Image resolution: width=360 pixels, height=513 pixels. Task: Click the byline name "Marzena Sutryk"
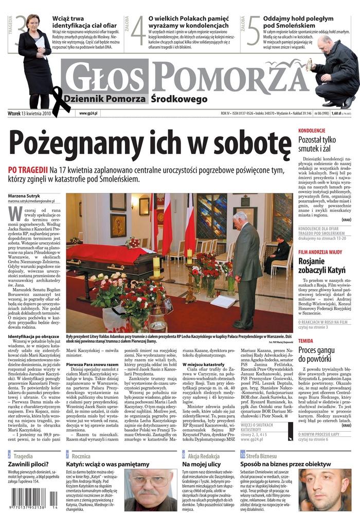click(x=24, y=196)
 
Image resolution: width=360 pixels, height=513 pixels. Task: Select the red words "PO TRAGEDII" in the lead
click(x=28, y=170)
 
